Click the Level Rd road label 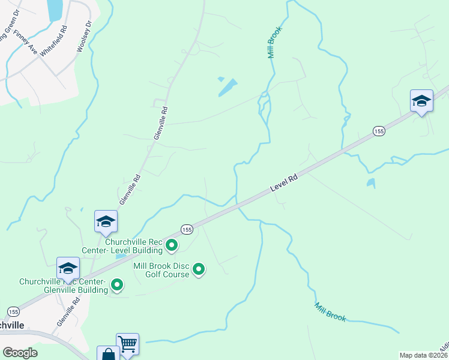click(x=284, y=182)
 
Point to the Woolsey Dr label click(x=84, y=37)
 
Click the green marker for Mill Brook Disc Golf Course click(x=199, y=270)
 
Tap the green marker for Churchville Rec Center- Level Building click(x=172, y=245)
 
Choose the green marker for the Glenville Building click(x=117, y=285)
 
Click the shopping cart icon click(x=127, y=344)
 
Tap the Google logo click(x=20, y=353)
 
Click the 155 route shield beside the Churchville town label click(x=13, y=311)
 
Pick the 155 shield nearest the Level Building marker click(x=186, y=230)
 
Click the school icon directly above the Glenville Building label click(x=68, y=268)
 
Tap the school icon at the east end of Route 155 click(x=421, y=100)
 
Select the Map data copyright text click(x=424, y=355)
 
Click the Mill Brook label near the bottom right click(x=330, y=312)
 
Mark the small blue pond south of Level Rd click(x=371, y=183)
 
